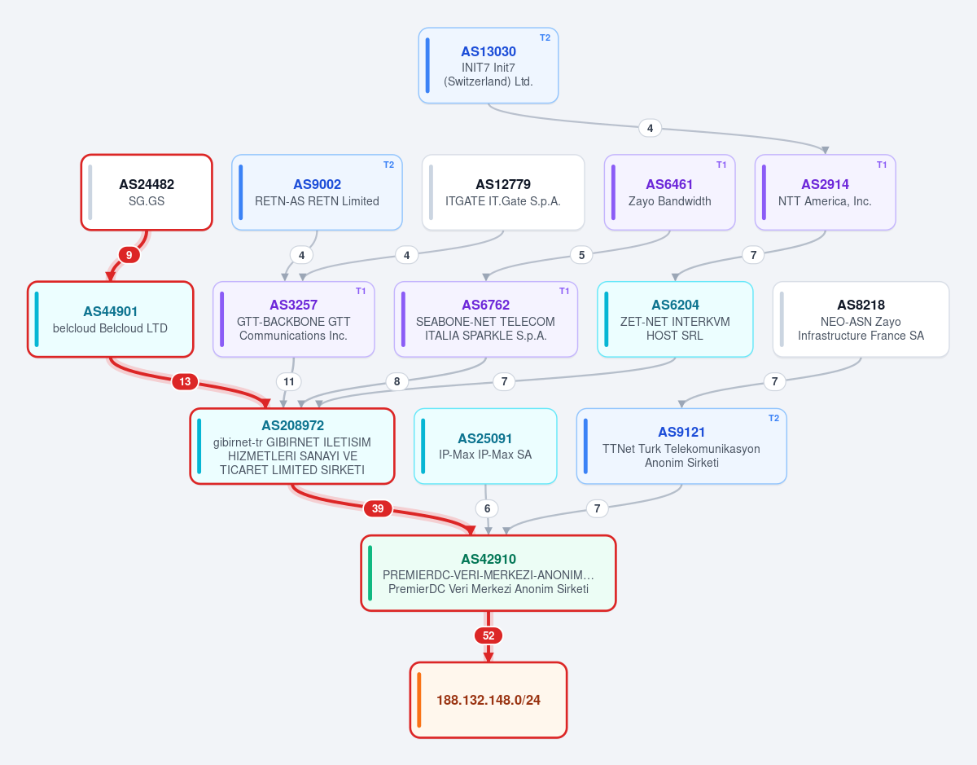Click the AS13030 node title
[488, 51]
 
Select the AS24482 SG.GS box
[147, 192]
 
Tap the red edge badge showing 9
[129, 255]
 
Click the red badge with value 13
[185, 382]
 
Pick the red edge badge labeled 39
[378, 508]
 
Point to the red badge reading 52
[488, 635]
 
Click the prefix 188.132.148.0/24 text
[488, 701]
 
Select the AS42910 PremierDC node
[488, 573]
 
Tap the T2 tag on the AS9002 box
[388, 165]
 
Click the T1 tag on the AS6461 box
[721, 165]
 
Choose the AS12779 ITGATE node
[503, 192]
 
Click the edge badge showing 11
[289, 382]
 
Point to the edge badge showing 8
[397, 382]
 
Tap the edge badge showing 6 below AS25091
[487, 508]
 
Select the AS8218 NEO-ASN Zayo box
[861, 319]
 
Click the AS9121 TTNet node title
[681, 432]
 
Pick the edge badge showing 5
[581, 255]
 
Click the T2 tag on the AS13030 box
[545, 37]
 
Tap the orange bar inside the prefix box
[419, 700]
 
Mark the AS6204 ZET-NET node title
[675, 305]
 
